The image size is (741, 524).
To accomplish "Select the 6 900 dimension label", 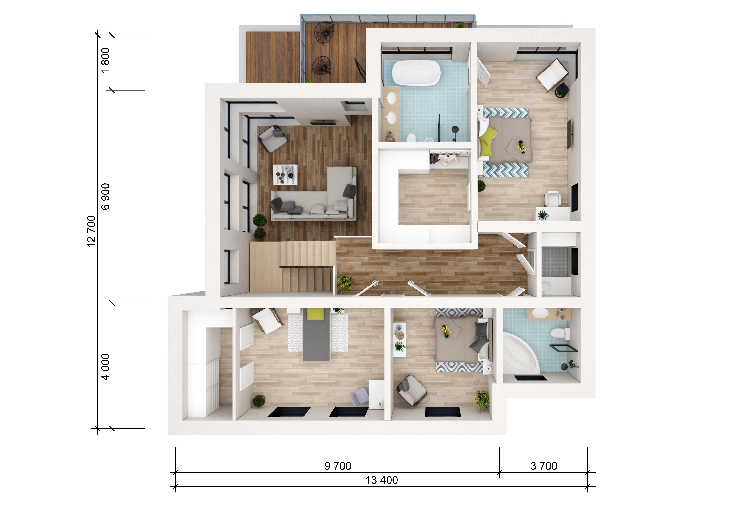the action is [x=106, y=197].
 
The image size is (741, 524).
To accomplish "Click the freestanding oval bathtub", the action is [x=416, y=73].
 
